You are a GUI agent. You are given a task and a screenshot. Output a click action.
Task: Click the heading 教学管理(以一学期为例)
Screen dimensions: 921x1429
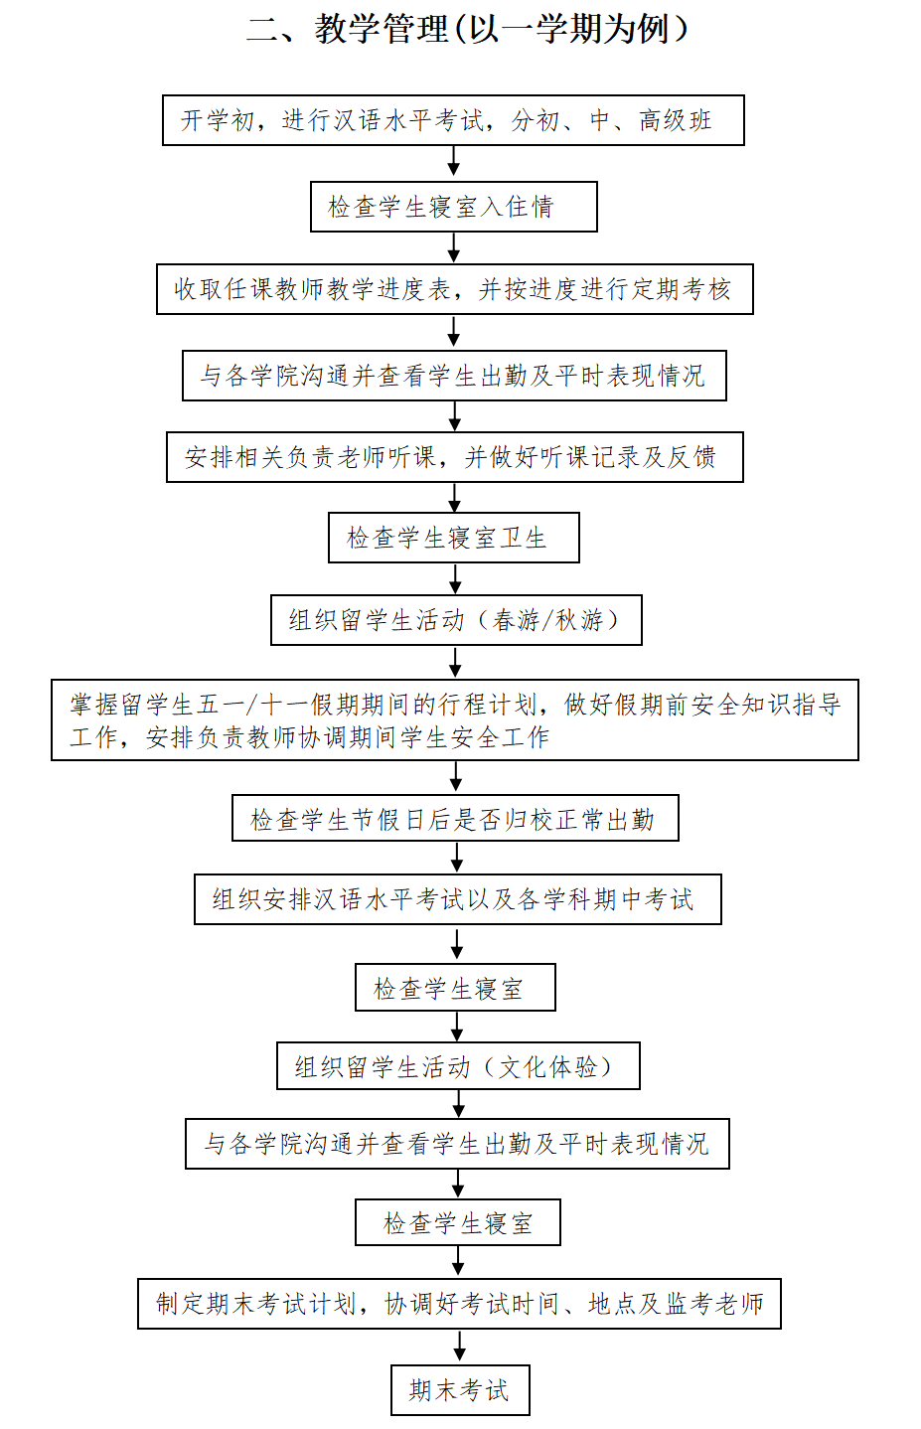[x=468, y=30]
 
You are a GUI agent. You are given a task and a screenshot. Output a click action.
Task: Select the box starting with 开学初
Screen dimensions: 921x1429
[x=453, y=120]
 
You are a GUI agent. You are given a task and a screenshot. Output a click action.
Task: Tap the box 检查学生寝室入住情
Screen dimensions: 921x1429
[x=453, y=207]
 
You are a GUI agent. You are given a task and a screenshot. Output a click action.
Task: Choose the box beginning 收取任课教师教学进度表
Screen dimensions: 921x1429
[x=455, y=289]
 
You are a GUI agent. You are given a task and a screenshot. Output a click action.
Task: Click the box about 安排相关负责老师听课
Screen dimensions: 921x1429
[x=455, y=457]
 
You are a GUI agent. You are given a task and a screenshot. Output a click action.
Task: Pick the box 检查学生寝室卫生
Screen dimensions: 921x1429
[x=453, y=538]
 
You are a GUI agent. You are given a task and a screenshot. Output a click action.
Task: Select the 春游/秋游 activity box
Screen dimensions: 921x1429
[x=456, y=620]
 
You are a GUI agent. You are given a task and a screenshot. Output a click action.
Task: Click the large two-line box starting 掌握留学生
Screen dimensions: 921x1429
[x=455, y=719]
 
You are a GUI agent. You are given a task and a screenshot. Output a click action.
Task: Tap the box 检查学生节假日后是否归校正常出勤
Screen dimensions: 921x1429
[x=455, y=818]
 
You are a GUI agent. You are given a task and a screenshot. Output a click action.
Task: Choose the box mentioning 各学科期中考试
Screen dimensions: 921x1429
[x=458, y=899]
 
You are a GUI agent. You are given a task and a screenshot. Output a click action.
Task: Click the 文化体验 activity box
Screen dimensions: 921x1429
[x=458, y=1065]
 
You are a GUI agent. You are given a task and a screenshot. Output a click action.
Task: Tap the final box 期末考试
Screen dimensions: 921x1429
[x=460, y=1390]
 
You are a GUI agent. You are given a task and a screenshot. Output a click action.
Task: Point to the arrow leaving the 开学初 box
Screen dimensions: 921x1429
[x=453, y=161]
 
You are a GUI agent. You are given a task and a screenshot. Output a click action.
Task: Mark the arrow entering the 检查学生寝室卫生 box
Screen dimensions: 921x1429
[x=455, y=497]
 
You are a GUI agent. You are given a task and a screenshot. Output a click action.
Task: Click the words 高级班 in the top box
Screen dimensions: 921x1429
[x=676, y=120]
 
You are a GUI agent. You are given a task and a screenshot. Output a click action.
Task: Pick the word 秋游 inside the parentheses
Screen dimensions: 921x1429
[x=579, y=620]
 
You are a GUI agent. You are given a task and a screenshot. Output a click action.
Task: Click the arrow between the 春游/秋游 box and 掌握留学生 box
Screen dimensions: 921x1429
[x=455, y=662]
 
